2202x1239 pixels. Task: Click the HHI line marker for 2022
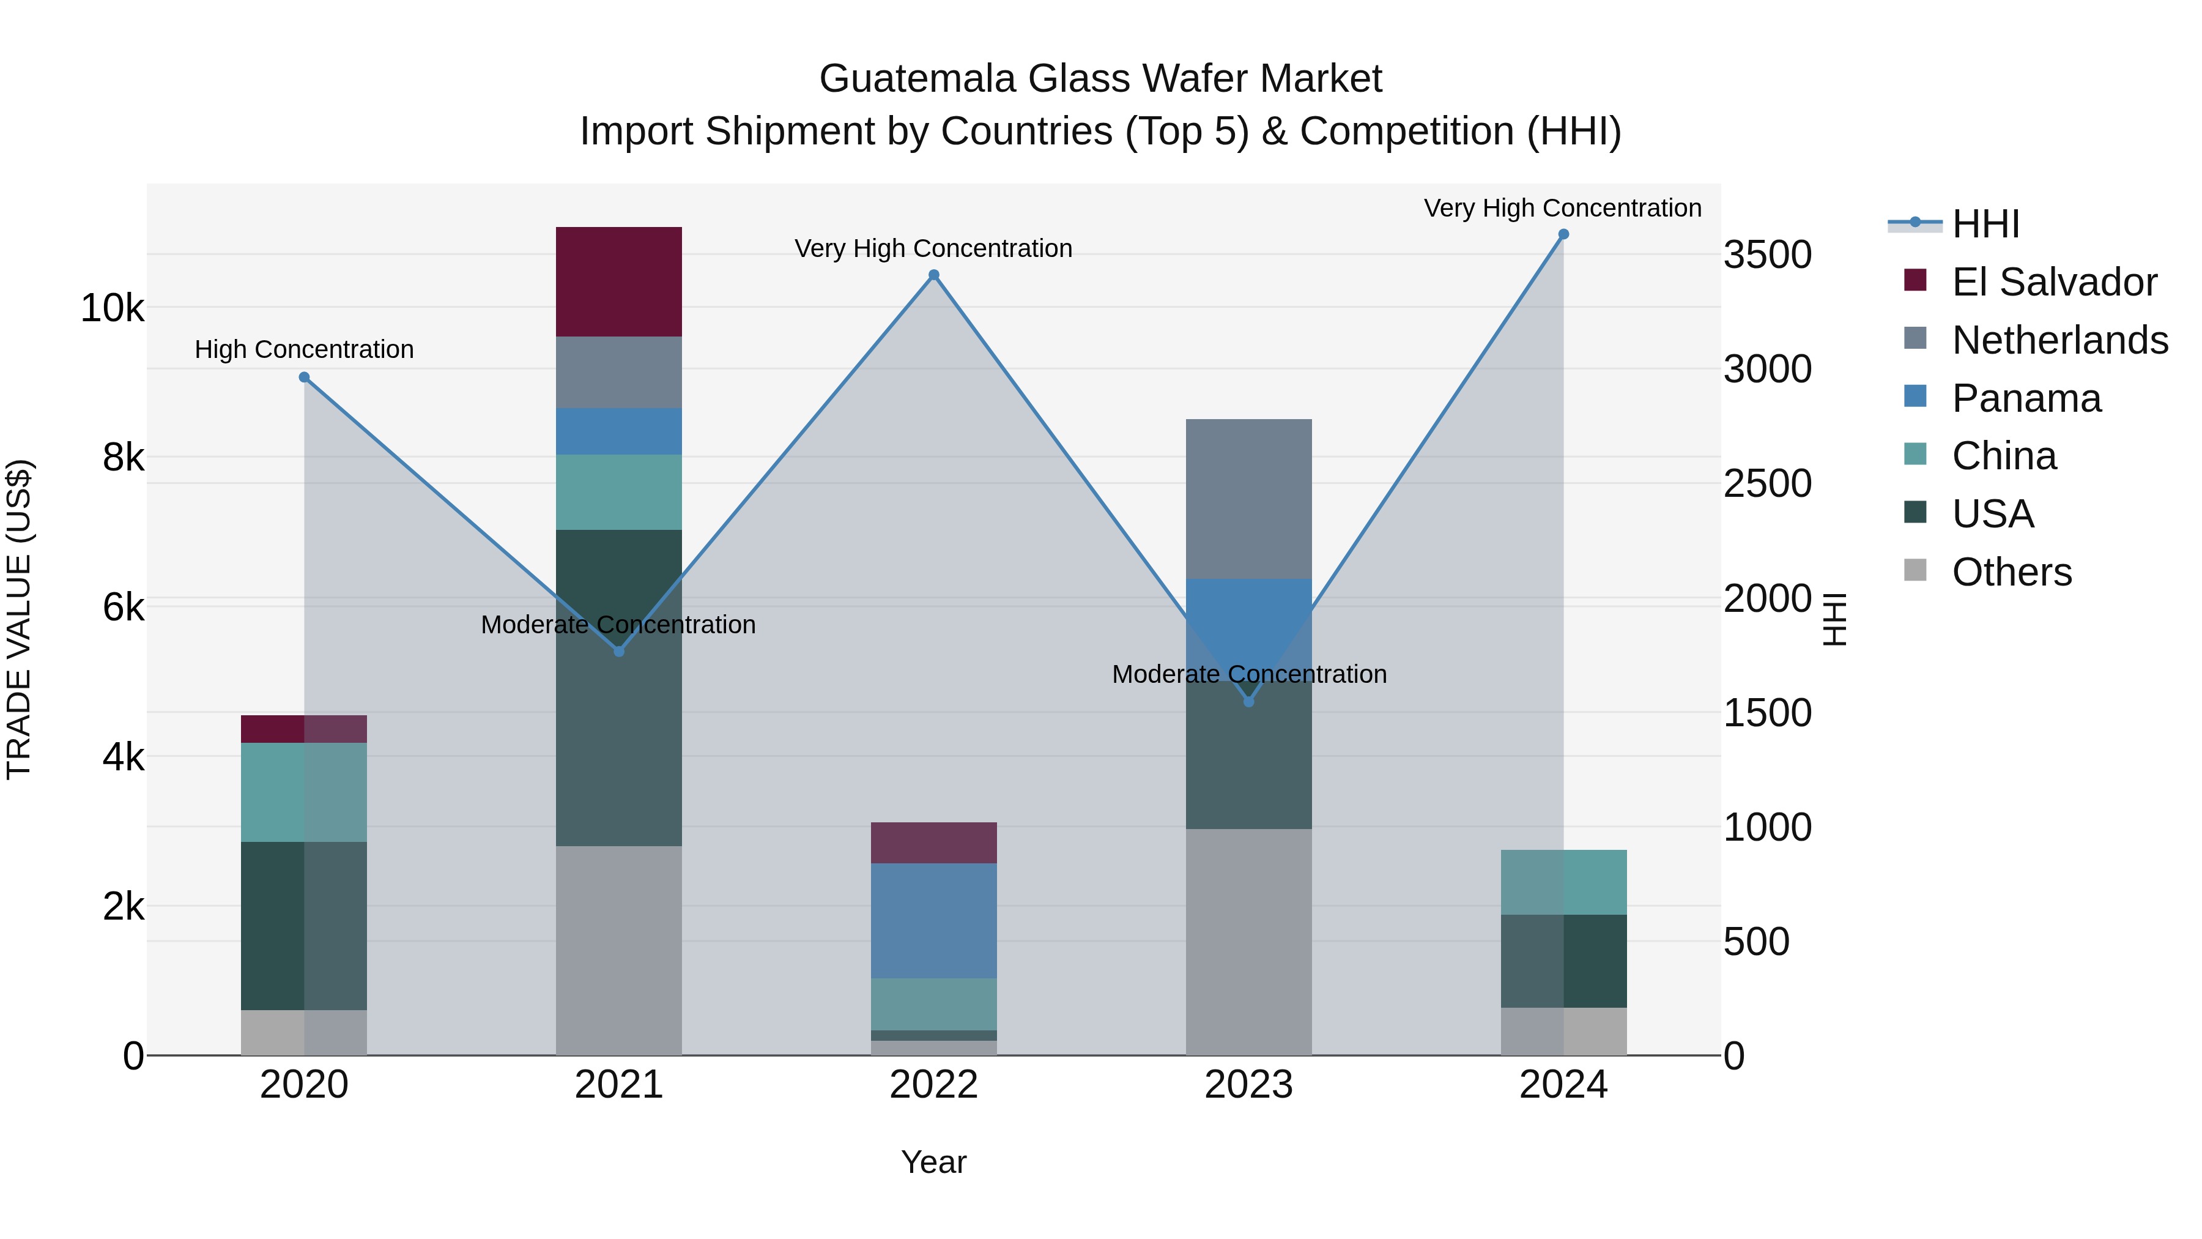pyautogui.click(x=933, y=275)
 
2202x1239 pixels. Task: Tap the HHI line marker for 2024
pyautogui.click(x=1563, y=234)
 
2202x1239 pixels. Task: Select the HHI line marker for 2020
pyautogui.click(x=305, y=377)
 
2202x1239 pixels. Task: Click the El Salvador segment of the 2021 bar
pyautogui.click(x=619, y=281)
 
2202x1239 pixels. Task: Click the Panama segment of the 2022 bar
pyautogui.click(x=933, y=920)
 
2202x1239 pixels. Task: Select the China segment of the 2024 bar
pyautogui.click(x=1563, y=882)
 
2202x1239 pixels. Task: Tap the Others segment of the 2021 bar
pyautogui.click(x=619, y=950)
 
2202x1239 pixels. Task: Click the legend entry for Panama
pyautogui.click(x=2026, y=398)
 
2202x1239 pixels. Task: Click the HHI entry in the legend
pyautogui.click(x=1985, y=224)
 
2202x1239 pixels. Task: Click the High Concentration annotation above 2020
pyautogui.click(x=305, y=350)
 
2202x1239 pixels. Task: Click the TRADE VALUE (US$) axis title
pyautogui.click(x=19, y=619)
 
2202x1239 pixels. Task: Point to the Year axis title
pyautogui.click(x=933, y=1162)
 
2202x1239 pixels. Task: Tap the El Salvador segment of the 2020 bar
pyautogui.click(x=305, y=729)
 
